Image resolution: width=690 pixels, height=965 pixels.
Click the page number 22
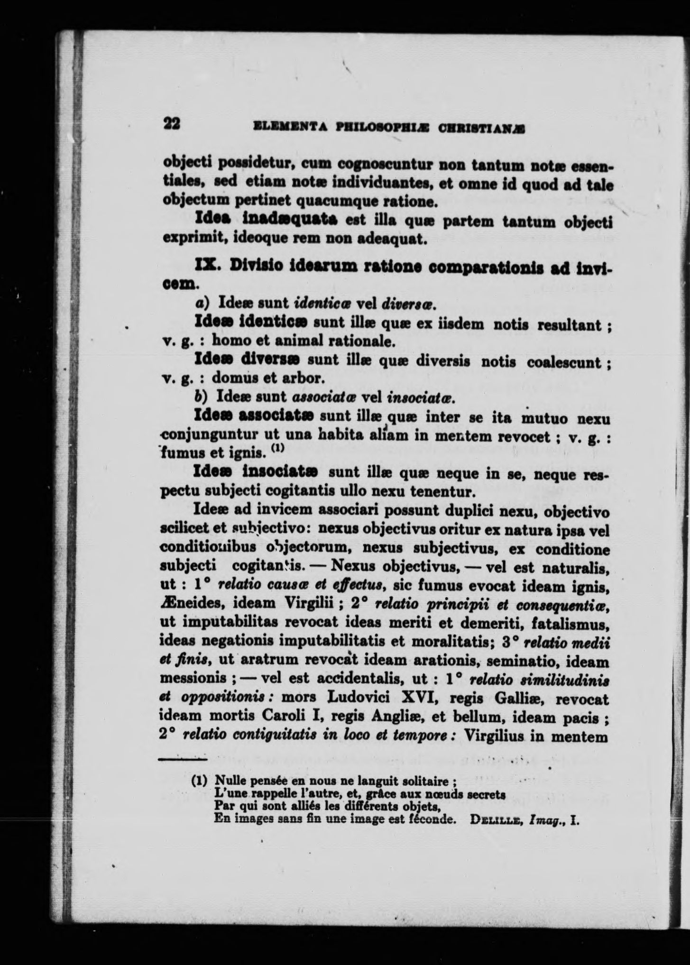[x=171, y=123]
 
